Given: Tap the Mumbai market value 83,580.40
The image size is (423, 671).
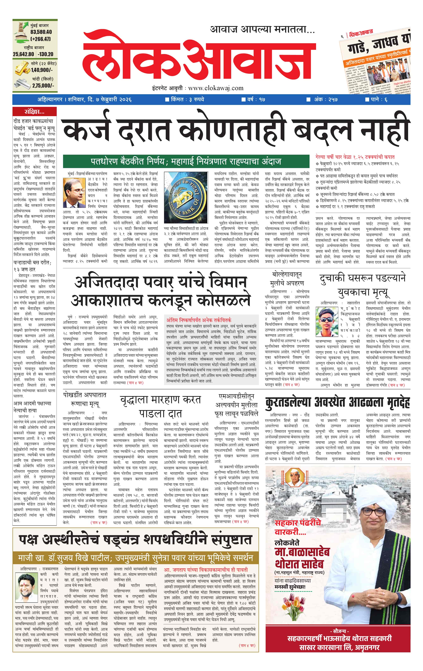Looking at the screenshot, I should [41, 32].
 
